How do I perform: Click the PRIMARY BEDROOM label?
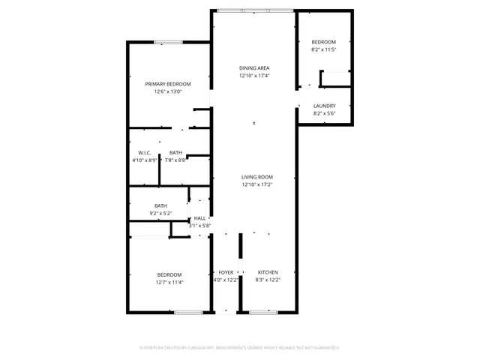(x=168, y=84)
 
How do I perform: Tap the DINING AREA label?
(x=254, y=68)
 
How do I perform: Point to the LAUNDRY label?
(x=324, y=106)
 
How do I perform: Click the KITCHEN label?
(x=268, y=272)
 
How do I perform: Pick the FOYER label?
(x=226, y=272)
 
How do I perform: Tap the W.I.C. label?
(x=145, y=153)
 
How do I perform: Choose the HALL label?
(x=199, y=218)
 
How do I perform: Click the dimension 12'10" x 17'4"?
(x=254, y=76)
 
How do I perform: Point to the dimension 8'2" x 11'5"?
(x=323, y=49)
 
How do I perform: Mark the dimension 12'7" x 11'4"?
(x=169, y=283)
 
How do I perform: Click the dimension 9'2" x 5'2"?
(x=160, y=213)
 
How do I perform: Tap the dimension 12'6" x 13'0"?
(x=168, y=91)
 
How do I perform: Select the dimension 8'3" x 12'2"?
(x=268, y=280)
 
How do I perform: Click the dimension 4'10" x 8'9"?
(x=145, y=160)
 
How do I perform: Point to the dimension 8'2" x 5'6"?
(x=324, y=113)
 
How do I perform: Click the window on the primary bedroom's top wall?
(x=164, y=43)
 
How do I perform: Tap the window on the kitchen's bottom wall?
(x=264, y=311)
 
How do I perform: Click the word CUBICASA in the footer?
(x=197, y=348)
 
